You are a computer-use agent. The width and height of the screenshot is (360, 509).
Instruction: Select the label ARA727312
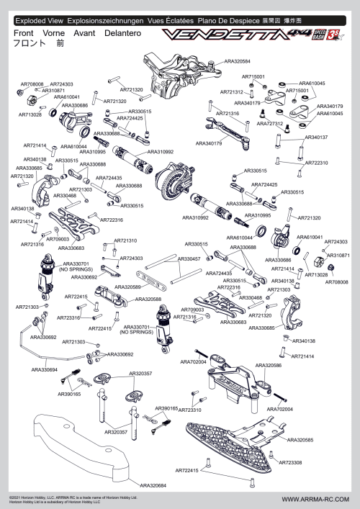click(269, 124)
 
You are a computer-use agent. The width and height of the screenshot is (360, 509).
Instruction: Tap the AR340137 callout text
click(316, 137)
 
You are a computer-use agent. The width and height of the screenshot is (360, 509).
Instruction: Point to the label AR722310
click(316, 163)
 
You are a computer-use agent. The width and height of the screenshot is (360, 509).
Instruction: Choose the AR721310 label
click(125, 240)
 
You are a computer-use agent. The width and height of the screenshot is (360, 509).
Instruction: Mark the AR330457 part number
click(188, 258)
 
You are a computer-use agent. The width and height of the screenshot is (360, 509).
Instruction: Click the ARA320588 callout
click(148, 299)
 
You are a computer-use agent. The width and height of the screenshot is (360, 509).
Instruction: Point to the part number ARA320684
click(153, 485)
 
